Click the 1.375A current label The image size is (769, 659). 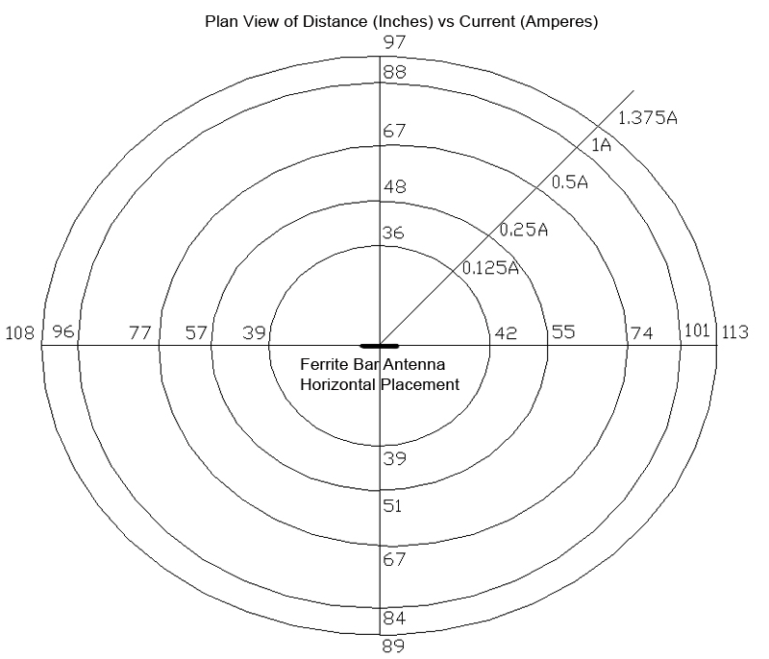(647, 118)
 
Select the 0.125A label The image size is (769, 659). (490, 267)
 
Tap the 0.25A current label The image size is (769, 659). (523, 230)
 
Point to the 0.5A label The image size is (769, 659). (569, 183)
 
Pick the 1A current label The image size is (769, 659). (601, 145)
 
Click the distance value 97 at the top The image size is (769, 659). (395, 42)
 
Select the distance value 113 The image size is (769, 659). (734, 332)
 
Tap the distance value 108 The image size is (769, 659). (19, 333)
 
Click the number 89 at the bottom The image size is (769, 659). (393, 647)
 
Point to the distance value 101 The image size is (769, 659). (697, 330)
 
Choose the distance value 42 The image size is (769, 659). (506, 333)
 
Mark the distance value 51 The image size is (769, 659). (392, 506)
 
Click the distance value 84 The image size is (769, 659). (394, 619)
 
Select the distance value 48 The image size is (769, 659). (395, 186)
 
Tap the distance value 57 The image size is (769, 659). (196, 333)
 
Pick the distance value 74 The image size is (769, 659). (642, 333)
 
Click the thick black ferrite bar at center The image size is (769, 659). (380, 346)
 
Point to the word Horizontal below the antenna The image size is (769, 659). (338, 384)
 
